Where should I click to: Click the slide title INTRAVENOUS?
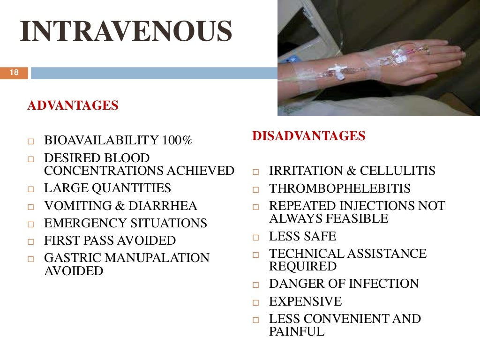[x=126, y=32]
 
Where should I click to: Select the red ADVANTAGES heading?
[x=73, y=105]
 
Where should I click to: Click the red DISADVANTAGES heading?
[x=308, y=136]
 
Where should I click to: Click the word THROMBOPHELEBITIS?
[x=339, y=189]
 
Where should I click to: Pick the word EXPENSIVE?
[x=305, y=301]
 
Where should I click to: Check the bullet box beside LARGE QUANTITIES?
[x=31, y=190]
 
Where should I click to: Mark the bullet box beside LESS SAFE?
[x=256, y=238]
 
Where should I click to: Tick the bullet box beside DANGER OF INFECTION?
[x=256, y=285]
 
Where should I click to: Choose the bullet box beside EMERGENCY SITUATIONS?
[x=31, y=225]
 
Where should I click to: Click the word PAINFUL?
[x=296, y=332]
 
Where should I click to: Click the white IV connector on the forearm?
[x=337, y=72]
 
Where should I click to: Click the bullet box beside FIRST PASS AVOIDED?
[x=31, y=242]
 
